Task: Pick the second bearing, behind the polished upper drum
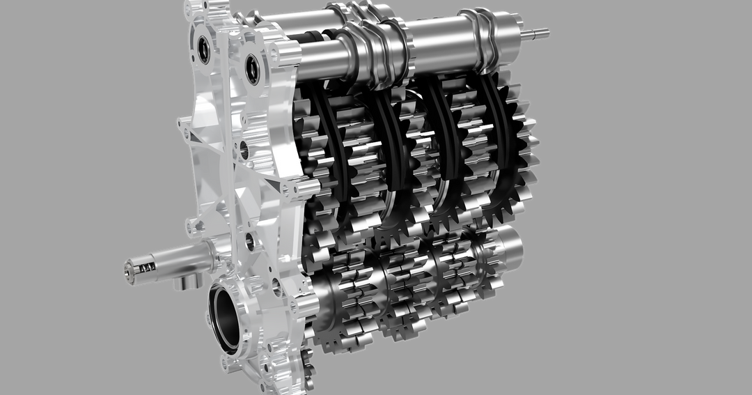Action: [251, 68]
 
